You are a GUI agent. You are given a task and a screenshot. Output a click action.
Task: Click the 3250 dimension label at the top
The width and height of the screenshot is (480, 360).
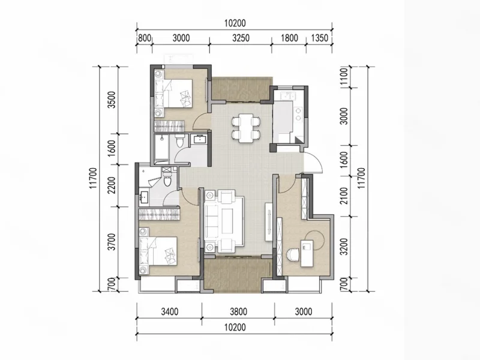click(241, 38)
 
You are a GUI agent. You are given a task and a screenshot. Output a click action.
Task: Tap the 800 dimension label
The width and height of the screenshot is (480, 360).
click(145, 38)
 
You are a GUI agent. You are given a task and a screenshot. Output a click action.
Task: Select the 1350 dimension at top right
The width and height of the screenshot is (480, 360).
click(320, 38)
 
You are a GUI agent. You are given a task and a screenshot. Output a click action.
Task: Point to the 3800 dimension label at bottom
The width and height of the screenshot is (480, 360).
click(238, 311)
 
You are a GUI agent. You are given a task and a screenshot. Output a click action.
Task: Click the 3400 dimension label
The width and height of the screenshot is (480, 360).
click(170, 311)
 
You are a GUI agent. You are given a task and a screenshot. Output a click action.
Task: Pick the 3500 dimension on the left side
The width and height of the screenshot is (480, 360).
click(112, 100)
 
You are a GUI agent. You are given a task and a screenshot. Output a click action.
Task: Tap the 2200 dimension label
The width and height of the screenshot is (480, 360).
click(112, 185)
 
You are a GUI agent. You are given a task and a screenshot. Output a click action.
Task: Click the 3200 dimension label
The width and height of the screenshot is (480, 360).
click(344, 247)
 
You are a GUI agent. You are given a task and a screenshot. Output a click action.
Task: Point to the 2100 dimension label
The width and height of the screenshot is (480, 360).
click(344, 196)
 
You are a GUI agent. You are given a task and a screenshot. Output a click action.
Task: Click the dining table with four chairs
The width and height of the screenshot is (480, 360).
click(246, 128)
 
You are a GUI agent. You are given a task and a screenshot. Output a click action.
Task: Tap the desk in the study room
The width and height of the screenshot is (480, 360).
click(307, 253)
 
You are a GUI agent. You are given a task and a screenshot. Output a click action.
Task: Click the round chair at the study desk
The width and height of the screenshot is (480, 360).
click(293, 254)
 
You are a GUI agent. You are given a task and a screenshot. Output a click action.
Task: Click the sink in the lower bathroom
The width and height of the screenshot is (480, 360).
click(143, 197)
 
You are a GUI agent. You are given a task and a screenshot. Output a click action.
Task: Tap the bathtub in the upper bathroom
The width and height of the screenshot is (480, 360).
click(161, 148)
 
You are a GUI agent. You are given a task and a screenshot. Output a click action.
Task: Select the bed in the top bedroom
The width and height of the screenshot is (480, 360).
click(173, 94)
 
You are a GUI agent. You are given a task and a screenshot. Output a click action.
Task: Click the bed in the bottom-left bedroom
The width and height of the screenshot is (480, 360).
click(158, 251)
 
